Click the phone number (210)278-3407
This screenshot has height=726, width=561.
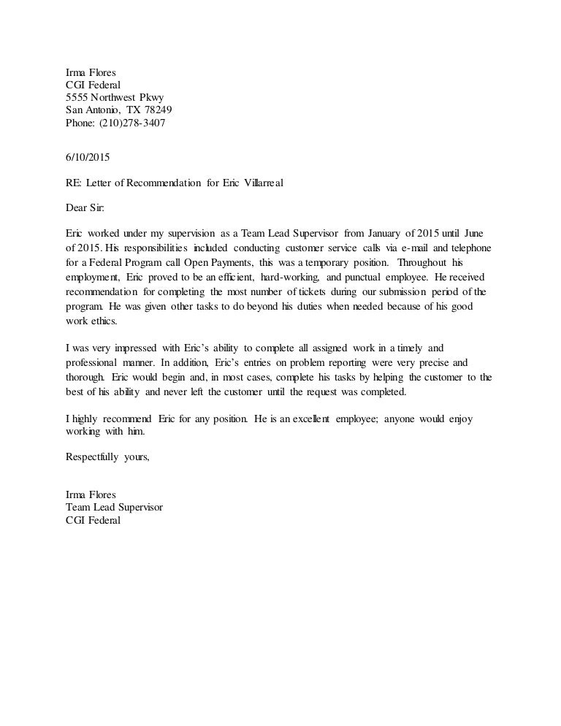pos(134,123)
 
